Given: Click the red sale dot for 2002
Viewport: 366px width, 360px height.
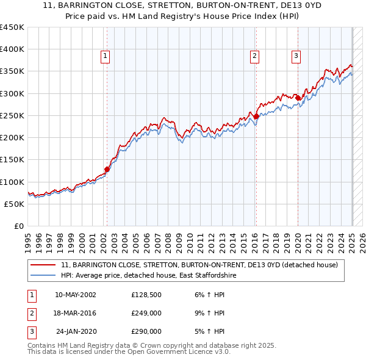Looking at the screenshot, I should pos(107,169).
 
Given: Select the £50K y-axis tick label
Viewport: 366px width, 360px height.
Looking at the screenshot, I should pos(15,204).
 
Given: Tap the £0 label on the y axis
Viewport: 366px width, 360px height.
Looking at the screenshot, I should pos(19,226).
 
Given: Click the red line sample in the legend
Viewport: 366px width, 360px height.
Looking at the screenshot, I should pos(43,265).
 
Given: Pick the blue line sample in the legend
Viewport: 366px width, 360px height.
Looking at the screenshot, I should pos(43,276).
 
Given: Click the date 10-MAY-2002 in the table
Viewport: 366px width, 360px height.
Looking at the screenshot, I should pos(75,295).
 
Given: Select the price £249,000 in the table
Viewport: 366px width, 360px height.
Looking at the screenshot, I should pos(146,313).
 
